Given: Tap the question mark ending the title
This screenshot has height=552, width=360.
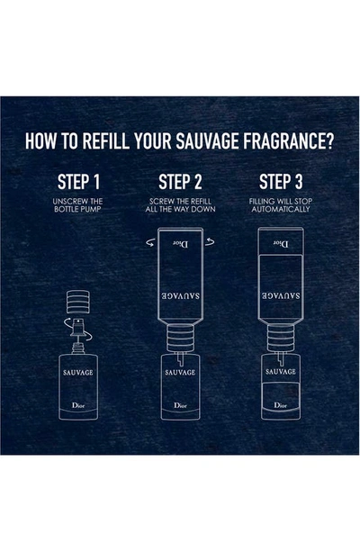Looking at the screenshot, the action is pyautogui.click(x=329, y=140).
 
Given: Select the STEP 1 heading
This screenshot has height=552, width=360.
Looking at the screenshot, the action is pyautogui.click(x=78, y=182).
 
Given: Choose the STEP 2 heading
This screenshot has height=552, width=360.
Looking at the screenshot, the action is pyautogui.click(x=180, y=182).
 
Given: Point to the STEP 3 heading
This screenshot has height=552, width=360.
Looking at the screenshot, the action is pyautogui.click(x=281, y=182).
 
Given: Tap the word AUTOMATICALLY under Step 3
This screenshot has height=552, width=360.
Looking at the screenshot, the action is pyautogui.click(x=281, y=210).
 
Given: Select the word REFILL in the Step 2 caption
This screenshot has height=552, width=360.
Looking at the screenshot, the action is pyautogui.click(x=201, y=202).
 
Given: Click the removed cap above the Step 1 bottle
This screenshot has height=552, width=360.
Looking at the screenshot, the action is pyautogui.click(x=78, y=302).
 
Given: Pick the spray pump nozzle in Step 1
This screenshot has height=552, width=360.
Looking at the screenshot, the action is pyautogui.click(x=77, y=327).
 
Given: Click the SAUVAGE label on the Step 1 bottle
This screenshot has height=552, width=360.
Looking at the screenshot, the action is pyautogui.click(x=78, y=373).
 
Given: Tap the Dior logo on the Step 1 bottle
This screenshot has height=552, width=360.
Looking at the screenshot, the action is pyautogui.click(x=78, y=405).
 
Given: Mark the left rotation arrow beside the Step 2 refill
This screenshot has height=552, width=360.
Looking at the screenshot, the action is pyautogui.click(x=150, y=242).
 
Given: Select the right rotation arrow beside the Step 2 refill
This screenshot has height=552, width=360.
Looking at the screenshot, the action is pyautogui.click(x=210, y=242).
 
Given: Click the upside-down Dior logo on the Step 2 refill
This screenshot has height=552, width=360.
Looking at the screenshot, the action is pyautogui.click(x=181, y=244).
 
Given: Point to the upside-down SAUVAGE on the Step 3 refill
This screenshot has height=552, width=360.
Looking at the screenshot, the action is pyautogui.click(x=281, y=295).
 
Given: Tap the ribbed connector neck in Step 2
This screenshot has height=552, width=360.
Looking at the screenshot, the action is pyautogui.click(x=180, y=339).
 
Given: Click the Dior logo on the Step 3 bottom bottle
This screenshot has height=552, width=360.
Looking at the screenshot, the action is pyautogui.click(x=281, y=405).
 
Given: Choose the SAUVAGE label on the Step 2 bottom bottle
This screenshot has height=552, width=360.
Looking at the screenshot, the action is pyautogui.click(x=180, y=373).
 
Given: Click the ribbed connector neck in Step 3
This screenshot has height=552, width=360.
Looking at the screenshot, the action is pyautogui.click(x=281, y=339).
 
